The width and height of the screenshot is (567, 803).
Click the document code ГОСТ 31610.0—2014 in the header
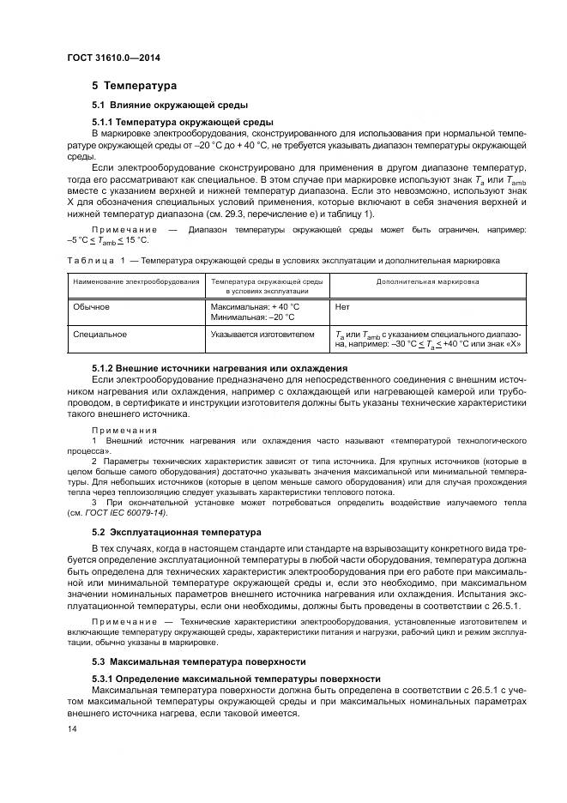click(x=113, y=57)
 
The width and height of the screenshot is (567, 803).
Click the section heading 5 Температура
click(x=134, y=86)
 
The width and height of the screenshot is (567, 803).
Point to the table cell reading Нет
click(x=343, y=305)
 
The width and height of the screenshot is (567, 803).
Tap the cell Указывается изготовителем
click(x=263, y=334)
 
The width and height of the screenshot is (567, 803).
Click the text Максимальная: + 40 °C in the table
click(x=256, y=305)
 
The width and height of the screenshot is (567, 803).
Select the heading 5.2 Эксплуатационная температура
click(x=177, y=532)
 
